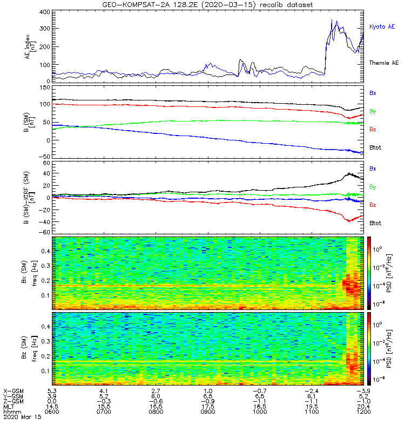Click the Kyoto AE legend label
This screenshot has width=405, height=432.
(382, 26)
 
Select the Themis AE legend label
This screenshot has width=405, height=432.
(383, 63)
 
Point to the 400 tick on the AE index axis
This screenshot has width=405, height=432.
(45, 12)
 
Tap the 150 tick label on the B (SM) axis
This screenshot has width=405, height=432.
(45, 87)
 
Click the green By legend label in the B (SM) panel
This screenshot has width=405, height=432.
(373, 111)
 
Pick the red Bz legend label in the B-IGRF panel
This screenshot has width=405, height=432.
(373, 205)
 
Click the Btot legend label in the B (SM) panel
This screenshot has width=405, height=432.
(375, 147)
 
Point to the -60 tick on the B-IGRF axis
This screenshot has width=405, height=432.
(44, 232)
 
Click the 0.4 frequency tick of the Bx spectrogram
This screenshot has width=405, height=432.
(45, 251)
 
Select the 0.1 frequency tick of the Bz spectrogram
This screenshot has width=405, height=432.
(45, 371)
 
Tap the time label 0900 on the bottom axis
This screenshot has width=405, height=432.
(208, 411)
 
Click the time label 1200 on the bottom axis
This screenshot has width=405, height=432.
(363, 411)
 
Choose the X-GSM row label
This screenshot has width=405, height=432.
(13, 391)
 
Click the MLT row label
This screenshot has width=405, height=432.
(9, 407)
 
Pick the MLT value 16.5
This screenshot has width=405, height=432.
(156, 407)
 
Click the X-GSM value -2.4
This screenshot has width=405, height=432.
(312, 391)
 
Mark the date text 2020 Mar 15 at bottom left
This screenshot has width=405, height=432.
(22, 417)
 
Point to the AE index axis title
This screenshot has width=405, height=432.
(30, 46)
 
